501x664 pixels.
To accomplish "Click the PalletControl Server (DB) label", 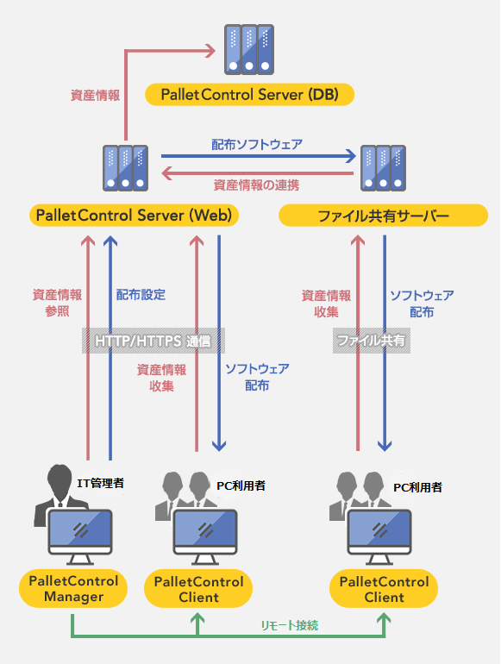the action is pos(249,95).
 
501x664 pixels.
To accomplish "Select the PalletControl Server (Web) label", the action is pos(134,215).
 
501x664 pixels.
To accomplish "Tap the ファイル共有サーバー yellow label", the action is pos(383,215).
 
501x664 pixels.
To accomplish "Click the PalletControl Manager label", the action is pos(73,589).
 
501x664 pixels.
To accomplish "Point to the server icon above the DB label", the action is pos(249,49).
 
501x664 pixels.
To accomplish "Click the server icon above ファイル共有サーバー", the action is pos(383,168).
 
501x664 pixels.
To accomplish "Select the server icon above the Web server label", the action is pos(125,168).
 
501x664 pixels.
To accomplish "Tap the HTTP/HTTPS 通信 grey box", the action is pos(153,341).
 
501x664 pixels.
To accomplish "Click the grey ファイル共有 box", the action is pos(372,341).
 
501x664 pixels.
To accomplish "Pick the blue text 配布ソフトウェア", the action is pos(257,144).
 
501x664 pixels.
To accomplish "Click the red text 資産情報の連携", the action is pos(256,185).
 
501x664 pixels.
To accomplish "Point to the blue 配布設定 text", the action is pos(141,295).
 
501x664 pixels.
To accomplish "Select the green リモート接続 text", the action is pos(289,625).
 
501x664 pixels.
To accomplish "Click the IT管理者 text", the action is pos(100,483).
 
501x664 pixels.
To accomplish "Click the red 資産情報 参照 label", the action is pos(57,304).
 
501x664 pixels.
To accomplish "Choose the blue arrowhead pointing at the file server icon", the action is pos(351,156).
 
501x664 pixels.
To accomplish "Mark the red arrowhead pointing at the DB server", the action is pos(210,51).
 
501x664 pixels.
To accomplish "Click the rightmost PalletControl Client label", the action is pos(384,589).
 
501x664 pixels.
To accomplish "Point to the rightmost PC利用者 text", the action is pos(417,487).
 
